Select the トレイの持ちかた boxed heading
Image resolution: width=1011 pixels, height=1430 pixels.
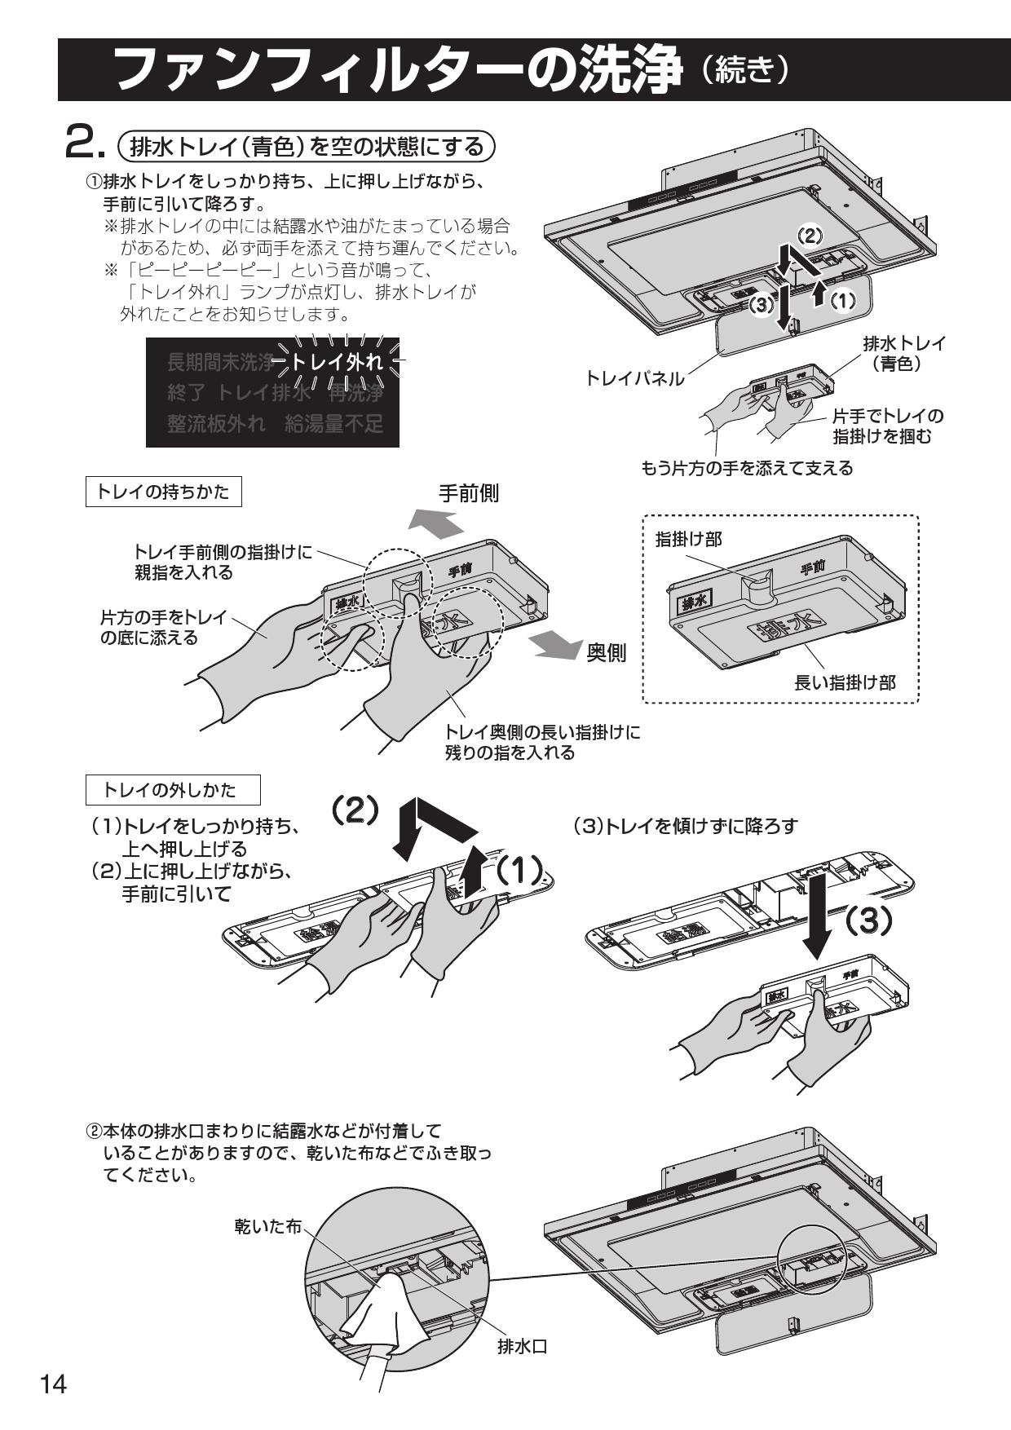click(163, 492)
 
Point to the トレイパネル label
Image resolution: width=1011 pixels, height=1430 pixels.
click(635, 378)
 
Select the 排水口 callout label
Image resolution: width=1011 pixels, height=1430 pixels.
click(522, 1347)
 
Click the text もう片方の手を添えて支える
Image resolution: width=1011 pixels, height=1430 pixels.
click(746, 468)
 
